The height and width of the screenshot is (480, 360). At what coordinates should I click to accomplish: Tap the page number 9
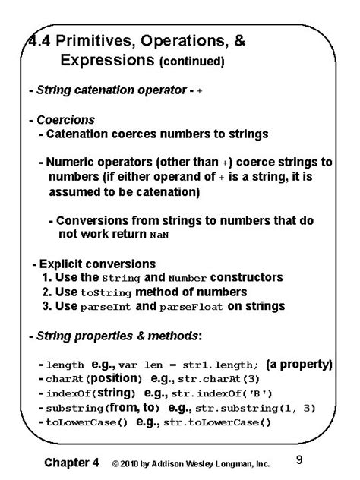(x=299, y=459)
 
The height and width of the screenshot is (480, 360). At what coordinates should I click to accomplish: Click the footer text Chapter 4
(x=72, y=462)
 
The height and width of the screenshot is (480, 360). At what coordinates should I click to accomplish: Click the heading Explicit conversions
(x=86, y=264)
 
